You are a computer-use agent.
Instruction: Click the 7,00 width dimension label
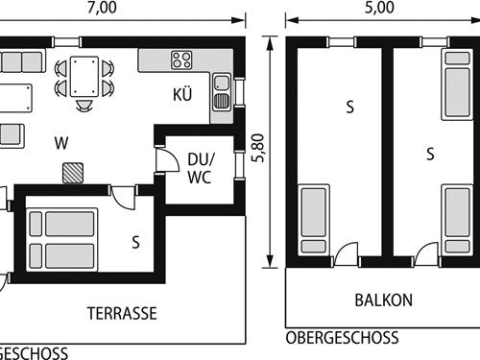102,8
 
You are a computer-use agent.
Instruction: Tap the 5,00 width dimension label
379,8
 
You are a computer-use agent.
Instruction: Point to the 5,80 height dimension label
258,148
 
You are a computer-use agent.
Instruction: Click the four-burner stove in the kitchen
181,60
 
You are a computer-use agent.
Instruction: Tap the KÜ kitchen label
182,95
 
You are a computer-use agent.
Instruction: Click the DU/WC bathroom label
201,168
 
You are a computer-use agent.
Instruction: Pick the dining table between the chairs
84,77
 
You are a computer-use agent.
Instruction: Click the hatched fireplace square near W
73,173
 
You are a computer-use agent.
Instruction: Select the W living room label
61,143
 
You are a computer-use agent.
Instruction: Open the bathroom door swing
167,160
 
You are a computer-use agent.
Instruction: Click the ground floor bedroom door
123,198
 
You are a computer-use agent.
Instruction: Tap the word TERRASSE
122,313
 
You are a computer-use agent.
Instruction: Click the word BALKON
384,300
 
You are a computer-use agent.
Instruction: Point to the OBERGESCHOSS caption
342,338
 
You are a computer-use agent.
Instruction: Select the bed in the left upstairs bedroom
314,220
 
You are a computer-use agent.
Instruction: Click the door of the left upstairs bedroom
346,254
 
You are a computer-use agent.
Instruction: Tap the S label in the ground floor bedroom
136,242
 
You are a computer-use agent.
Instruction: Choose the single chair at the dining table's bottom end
84,106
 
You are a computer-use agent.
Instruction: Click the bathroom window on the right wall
239,165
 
